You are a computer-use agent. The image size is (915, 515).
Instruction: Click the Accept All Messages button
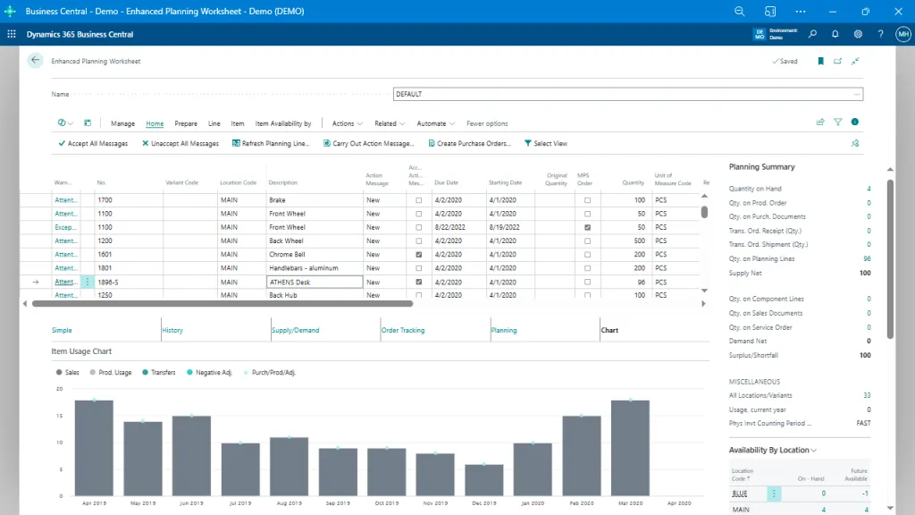[93, 143]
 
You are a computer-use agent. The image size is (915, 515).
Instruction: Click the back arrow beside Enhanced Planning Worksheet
[35, 61]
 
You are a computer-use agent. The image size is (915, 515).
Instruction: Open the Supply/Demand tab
[295, 330]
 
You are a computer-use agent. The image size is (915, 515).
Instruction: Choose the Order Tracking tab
[403, 330]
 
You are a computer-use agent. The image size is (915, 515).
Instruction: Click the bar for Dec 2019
[483, 480]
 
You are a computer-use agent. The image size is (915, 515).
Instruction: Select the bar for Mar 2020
[629, 448]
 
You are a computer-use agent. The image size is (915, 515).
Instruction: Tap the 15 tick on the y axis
[59, 416]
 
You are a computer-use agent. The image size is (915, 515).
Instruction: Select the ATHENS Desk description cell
[314, 282]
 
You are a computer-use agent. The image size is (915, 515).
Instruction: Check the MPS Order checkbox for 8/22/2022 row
[587, 227]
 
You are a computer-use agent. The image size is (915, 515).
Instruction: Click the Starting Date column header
[504, 182]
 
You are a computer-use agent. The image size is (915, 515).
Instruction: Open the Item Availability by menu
[282, 123]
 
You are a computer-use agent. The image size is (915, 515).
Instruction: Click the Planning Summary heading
[761, 166]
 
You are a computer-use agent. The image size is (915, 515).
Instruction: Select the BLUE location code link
[740, 494]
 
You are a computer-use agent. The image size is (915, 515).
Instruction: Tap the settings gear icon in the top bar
[858, 34]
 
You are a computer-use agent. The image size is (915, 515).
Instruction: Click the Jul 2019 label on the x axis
[240, 503]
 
